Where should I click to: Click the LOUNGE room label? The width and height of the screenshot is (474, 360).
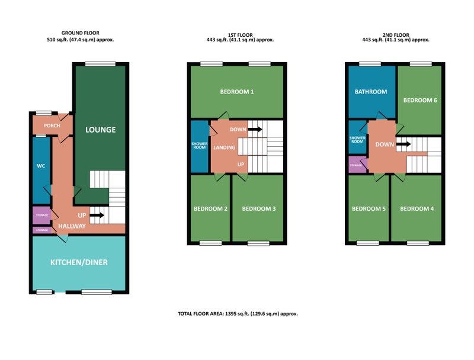coord(100,130)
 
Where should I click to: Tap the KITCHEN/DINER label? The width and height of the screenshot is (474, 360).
coord(79,262)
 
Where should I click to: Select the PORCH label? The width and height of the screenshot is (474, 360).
coord(52,126)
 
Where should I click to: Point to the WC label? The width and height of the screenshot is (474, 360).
coord(41,166)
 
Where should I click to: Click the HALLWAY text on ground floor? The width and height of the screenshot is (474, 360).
coord(72,226)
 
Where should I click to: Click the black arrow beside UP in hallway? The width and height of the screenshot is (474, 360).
coord(97,216)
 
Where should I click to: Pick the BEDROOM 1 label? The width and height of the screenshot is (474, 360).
coord(236,92)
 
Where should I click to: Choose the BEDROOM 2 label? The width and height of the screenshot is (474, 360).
coord(210,208)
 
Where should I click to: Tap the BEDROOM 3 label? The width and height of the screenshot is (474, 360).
coord(259,208)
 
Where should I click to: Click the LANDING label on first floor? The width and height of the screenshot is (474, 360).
coord(225,147)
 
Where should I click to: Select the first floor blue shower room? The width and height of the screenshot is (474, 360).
coord(200,147)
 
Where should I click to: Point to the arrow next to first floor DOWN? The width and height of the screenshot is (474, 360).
coord(255,129)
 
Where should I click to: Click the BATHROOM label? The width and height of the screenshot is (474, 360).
coord(371,92)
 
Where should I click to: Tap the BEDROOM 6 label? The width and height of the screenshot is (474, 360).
coord(420,100)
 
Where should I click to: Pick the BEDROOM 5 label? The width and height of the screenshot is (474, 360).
coord(369,208)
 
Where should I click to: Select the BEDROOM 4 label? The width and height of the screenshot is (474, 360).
coord(417,208)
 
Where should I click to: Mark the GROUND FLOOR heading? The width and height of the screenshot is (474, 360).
coord(81,33)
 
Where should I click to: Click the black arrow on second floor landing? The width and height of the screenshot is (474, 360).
coord(403,144)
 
